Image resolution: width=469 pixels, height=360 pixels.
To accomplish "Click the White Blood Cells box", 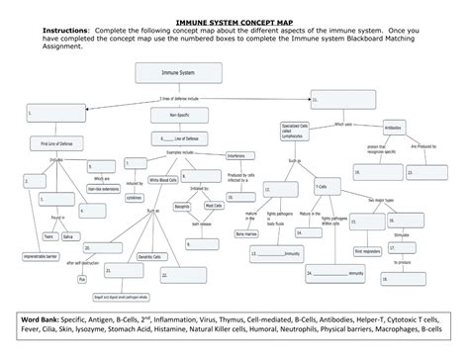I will pyautogui.click(x=163, y=180).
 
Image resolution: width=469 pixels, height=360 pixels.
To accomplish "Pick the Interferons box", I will pyautogui.click(x=237, y=154).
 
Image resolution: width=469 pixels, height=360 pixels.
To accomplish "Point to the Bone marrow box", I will pyautogui.click(x=245, y=233).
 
